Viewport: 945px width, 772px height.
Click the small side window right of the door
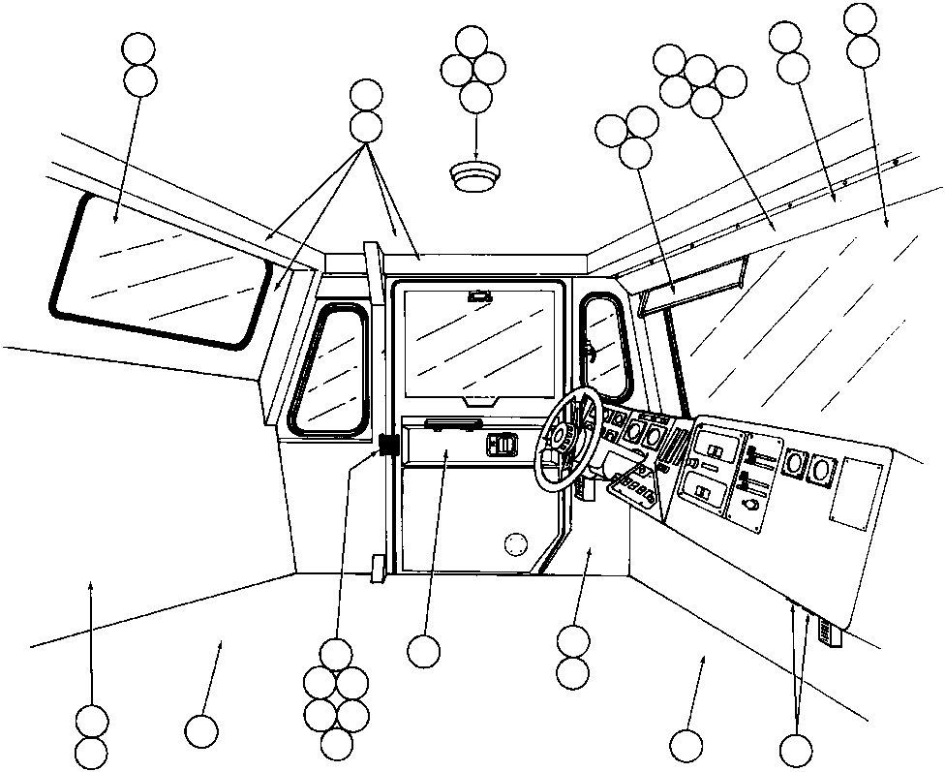point(603,344)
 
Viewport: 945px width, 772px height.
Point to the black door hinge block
point(388,446)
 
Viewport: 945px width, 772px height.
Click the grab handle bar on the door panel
point(452,422)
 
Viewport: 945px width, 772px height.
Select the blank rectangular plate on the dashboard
point(856,493)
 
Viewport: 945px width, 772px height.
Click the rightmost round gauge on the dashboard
point(821,472)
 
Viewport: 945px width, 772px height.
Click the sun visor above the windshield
point(690,285)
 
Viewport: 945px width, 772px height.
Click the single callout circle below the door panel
point(423,650)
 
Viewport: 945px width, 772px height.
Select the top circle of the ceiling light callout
point(472,42)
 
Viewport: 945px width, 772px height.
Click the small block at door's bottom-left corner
point(377,568)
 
